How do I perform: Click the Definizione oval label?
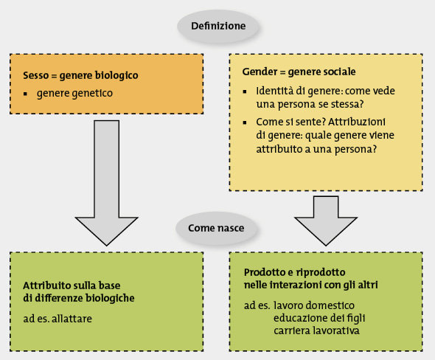pos(218,26)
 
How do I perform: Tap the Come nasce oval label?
pos(216,228)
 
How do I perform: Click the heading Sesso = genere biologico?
pos(80,75)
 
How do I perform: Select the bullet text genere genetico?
pos(74,93)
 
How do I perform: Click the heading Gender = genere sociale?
pos(299,72)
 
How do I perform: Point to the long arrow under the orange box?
pos(106,183)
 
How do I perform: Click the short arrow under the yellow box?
pos(326,221)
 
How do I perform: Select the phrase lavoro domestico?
pos(314,305)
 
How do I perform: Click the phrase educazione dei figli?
pos(319,318)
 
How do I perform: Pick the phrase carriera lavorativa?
pos(316,330)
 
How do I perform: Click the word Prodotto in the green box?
pos(265,272)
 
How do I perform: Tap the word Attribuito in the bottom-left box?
pos(43,285)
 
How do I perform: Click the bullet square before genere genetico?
pos(26,94)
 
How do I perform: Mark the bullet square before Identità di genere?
pos(245,91)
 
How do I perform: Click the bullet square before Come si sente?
pos(245,122)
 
